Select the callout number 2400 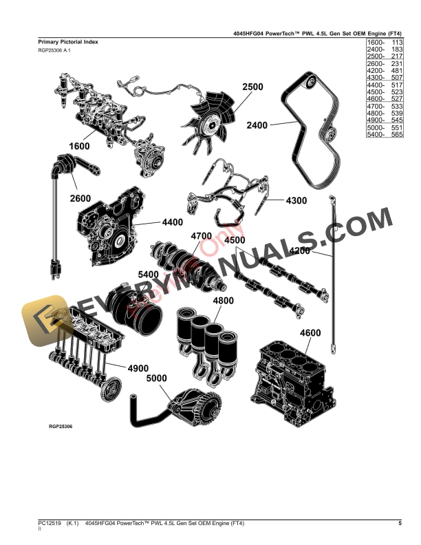(257, 125)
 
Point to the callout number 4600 (310, 334)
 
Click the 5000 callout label (157, 378)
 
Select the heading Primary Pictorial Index (68, 42)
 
